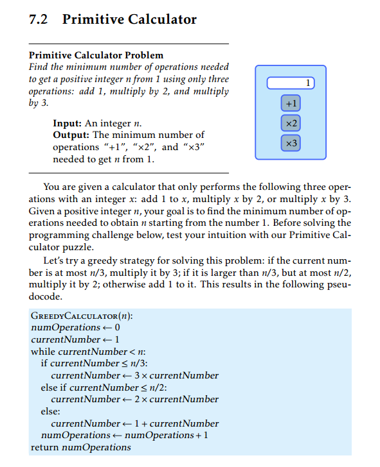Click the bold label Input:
(70, 123)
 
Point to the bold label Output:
(73, 135)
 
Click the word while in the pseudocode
(44, 352)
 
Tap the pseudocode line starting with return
(80, 447)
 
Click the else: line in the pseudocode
(51, 411)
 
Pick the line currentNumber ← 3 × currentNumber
(134, 375)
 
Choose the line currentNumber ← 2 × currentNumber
(134, 399)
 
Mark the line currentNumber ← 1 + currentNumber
(134, 423)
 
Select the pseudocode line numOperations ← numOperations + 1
(125, 435)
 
